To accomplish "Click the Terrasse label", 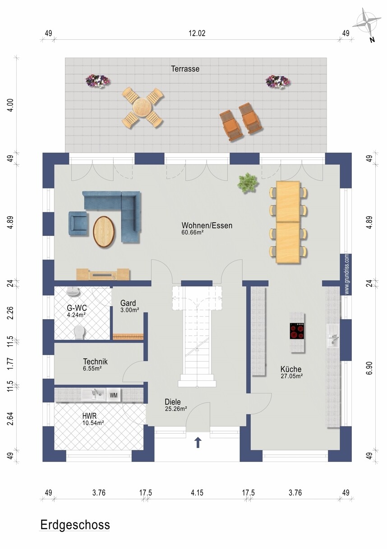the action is tap(185, 69).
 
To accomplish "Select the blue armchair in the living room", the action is tap(78, 224).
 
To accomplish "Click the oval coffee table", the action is tap(104, 232).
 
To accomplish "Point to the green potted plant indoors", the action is tap(248, 183).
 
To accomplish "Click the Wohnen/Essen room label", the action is tap(207, 225).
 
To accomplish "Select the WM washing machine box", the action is tap(114, 395).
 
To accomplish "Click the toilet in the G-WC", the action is tap(80, 332).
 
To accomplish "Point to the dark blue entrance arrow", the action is tap(198, 443).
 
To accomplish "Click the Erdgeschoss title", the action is tap(75, 525).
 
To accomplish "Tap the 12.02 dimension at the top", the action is tap(197, 33).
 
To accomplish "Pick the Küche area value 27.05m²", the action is tap(291, 376).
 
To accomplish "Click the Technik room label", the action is tap(95, 361).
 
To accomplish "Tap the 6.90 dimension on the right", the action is tap(370, 368).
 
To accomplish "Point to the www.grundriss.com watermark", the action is tap(346, 274).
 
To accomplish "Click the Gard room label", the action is tap(128, 303).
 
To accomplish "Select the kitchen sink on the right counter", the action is tap(333, 336).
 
